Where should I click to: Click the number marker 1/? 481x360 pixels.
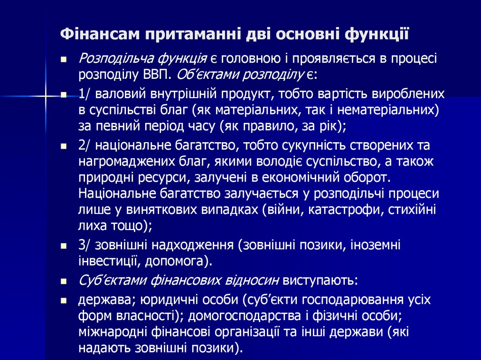[x=85, y=93]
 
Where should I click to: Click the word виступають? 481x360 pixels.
[x=320, y=280]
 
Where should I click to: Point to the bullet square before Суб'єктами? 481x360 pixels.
[x=63, y=282]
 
